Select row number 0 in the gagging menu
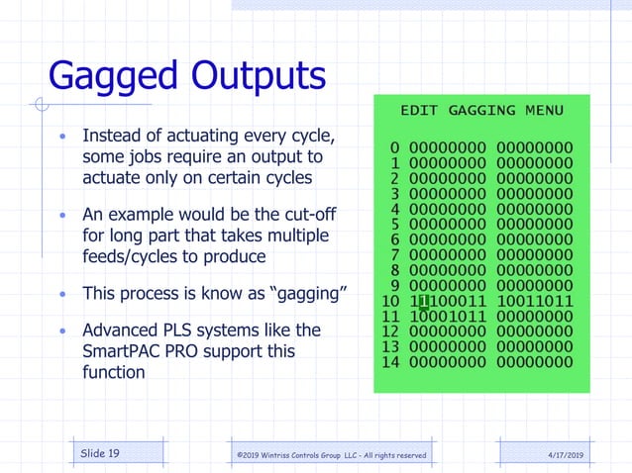pos(395,147)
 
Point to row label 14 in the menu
pos(391,362)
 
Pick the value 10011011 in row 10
pos(534,301)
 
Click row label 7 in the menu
pos(395,255)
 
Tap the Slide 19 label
pos(100,453)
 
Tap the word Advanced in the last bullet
pos(118,330)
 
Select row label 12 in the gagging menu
pos(391,331)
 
